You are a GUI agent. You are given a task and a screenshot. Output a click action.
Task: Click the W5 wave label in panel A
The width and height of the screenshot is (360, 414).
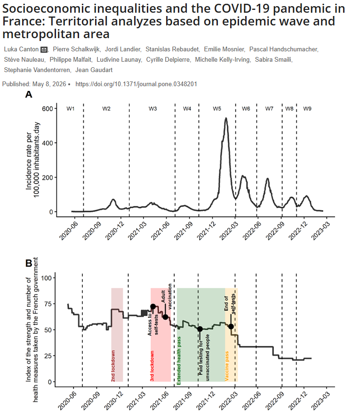[x=217, y=108]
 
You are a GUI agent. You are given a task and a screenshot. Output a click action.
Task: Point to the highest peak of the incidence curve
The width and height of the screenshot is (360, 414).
[x=226, y=118]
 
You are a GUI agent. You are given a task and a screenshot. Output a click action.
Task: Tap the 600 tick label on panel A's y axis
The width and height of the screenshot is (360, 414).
[x=48, y=108]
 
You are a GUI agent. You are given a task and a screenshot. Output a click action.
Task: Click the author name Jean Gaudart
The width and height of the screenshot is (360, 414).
[x=94, y=70]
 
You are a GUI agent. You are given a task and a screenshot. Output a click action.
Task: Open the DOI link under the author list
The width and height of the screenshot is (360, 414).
[x=136, y=84]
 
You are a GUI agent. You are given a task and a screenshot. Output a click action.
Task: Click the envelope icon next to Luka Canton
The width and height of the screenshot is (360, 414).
[x=44, y=49]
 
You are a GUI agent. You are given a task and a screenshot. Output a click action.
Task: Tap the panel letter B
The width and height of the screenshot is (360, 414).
[x=29, y=263]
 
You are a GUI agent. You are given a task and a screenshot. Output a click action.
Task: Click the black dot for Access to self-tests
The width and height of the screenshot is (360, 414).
[x=153, y=307]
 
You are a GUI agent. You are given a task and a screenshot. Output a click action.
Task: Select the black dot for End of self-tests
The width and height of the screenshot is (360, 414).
[x=231, y=326]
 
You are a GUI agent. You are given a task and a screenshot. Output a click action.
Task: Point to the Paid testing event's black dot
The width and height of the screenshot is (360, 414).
[x=200, y=329]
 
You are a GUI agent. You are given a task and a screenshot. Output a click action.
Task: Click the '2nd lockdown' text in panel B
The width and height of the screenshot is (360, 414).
[x=113, y=365]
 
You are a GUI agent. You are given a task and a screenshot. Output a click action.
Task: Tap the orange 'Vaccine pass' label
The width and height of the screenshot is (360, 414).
[x=227, y=366]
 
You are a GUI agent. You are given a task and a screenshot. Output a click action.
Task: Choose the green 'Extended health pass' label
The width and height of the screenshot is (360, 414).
[x=179, y=361]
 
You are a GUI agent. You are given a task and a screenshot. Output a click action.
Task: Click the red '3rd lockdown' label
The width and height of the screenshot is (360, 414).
[x=152, y=366]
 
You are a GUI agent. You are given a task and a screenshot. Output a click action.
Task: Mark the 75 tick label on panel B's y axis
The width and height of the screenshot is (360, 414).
[x=48, y=304]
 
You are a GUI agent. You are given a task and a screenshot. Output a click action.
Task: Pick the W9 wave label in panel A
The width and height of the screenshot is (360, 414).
[x=307, y=108]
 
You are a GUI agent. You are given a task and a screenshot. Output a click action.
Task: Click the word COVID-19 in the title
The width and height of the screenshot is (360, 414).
[x=241, y=8]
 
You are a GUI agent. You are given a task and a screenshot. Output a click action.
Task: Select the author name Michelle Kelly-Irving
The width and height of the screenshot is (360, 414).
[x=223, y=60]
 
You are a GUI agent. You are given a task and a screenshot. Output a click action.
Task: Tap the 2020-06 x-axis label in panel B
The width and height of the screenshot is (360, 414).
[x=67, y=401]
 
